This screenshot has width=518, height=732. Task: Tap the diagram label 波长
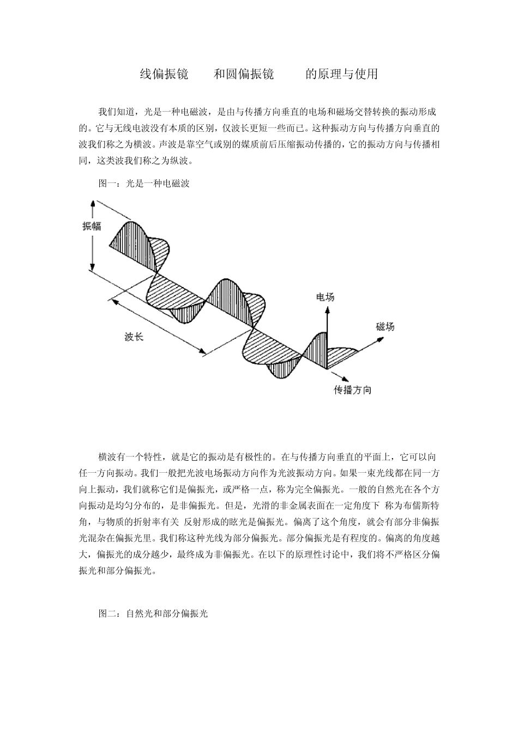coord(134,337)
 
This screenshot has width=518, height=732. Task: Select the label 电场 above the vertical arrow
coord(325,297)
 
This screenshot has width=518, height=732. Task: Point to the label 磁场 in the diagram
coord(385,327)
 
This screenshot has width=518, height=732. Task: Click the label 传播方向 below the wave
coord(353,390)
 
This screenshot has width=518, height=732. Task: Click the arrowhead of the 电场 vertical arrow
coord(327,310)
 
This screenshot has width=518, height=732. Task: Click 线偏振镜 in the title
coord(164,74)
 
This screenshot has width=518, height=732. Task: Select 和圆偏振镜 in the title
coord(243,74)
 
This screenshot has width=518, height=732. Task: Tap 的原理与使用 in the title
coord(341,74)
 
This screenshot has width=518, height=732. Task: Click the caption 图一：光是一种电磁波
coord(144,184)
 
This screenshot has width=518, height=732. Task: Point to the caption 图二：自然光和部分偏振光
coord(153,613)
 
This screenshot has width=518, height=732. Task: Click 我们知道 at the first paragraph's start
coord(116,112)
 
